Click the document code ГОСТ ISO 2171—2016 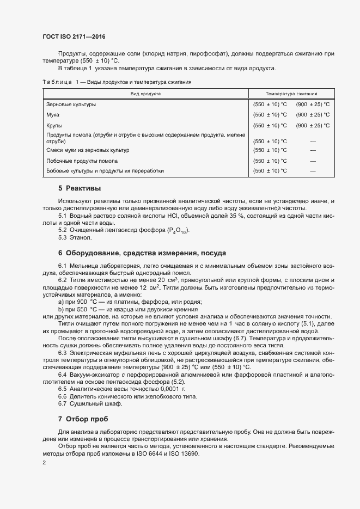(x=74, y=37)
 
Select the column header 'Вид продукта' (x=145, y=94)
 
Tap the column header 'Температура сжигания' (x=292, y=94)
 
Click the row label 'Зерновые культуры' (x=71, y=104)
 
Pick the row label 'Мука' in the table (x=53, y=115)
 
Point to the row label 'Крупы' (x=54, y=126)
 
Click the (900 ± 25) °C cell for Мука (x=313, y=115)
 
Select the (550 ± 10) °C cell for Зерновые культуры (x=270, y=104)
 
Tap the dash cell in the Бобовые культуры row (x=313, y=171)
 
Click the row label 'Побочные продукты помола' (x=82, y=161)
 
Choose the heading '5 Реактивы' (x=80, y=188)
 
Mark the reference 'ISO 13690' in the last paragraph (x=184, y=453)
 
